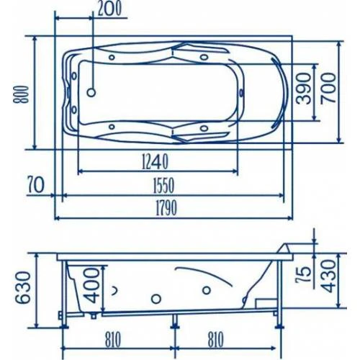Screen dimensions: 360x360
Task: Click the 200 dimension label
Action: click(x=109, y=9)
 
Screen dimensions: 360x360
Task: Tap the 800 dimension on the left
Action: click(x=21, y=94)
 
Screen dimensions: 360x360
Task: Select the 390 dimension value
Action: click(x=303, y=89)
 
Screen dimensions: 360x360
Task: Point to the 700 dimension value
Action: click(x=328, y=88)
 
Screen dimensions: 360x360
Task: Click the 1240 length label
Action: click(x=156, y=162)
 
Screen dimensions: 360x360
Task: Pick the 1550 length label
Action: click(x=163, y=186)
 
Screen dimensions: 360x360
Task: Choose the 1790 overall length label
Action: click(x=166, y=208)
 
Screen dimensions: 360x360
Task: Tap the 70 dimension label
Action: click(x=36, y=185)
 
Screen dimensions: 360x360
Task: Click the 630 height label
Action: click(x=23, y=287)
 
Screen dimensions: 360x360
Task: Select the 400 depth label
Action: click(x=92, y=285)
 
